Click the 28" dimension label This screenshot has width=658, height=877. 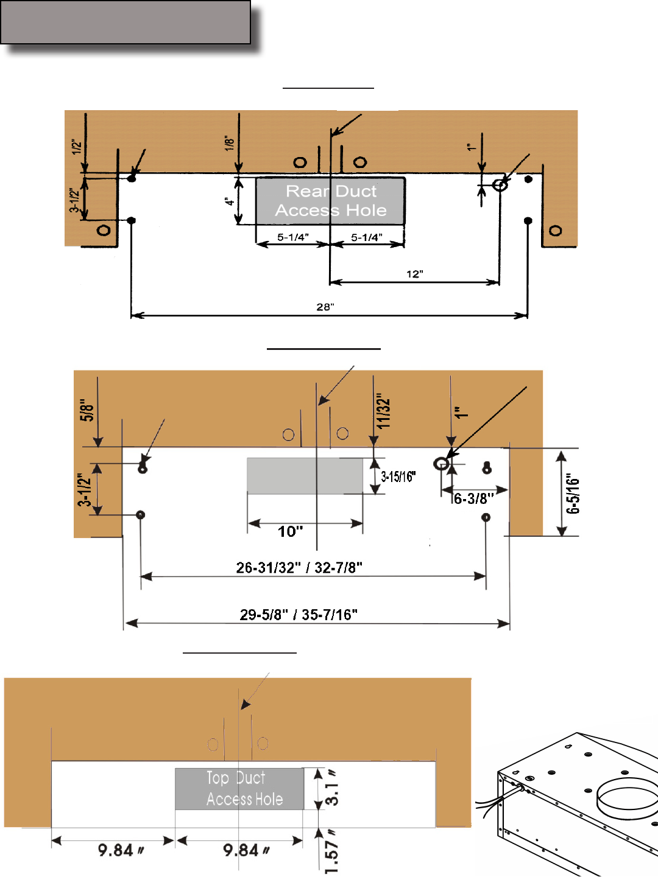(x=325, y=307)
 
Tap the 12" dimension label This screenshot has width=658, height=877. (x=415, y=274)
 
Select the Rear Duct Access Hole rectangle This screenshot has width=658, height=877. (x=330, y=201)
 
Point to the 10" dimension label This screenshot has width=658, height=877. (x=291, y=531)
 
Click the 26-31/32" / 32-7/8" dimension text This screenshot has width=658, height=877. (x=299, y=567)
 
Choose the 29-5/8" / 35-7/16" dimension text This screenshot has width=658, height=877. (x=299, y=615)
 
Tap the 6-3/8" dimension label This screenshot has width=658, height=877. (x=474, y=498)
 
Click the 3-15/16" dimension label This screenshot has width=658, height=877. (x=398, y=477)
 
